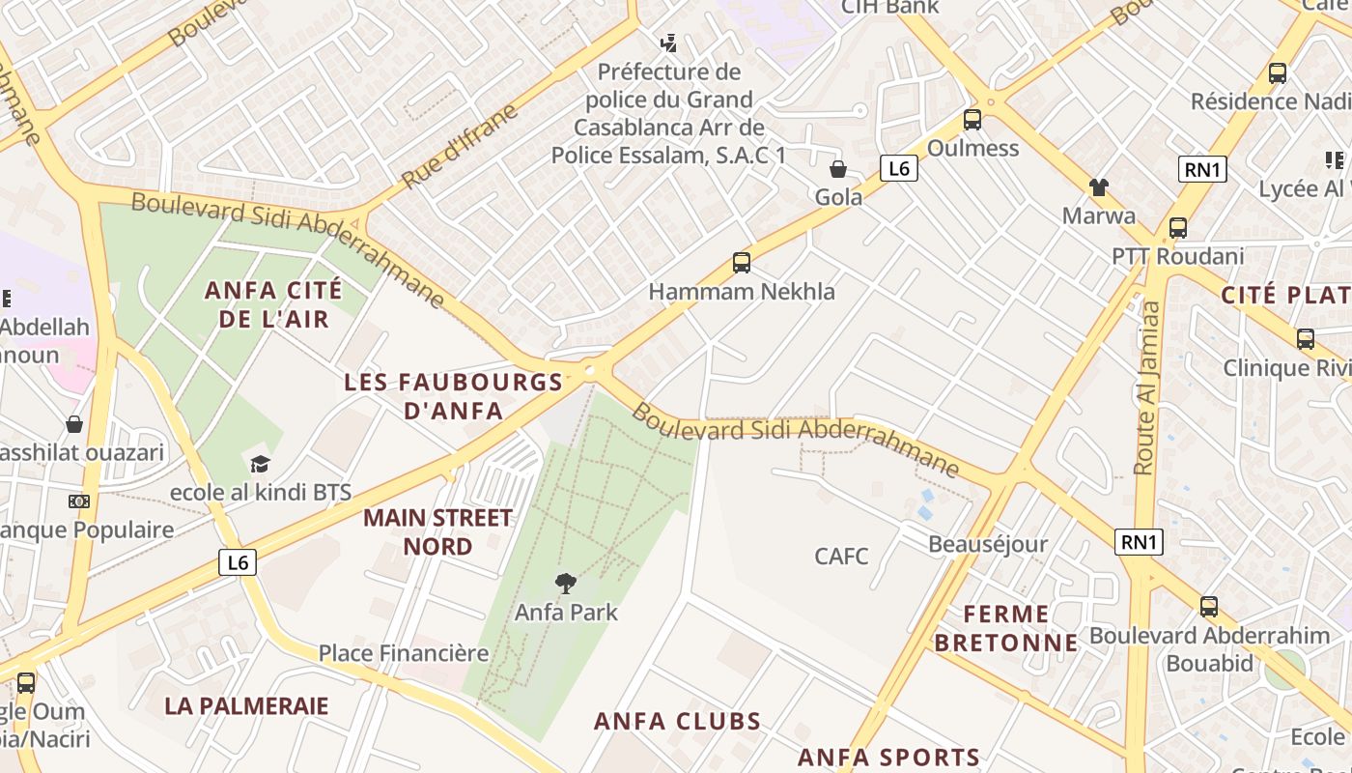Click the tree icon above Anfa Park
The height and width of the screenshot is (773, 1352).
coord(566,583)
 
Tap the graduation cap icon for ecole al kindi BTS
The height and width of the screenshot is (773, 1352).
coord(259,465)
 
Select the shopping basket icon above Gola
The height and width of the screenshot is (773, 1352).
coord(837,169)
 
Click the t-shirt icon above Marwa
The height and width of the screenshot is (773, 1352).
coord(1098,186)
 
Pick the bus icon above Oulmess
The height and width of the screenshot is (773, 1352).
coord(972,120)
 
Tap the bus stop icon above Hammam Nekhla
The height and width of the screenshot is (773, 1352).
coord(741,262)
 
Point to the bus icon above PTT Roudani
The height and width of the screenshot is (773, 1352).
coord(1177,228)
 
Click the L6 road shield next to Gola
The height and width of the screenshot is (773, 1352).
coord(898,169)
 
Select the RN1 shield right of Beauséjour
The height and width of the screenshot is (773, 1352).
coord(1139,542)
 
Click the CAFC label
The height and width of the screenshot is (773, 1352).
coord(841,557)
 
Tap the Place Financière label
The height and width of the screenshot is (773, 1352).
coord(404,653)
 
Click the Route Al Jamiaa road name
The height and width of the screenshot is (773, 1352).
coord(1147,387)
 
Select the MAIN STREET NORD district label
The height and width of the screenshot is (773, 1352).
coord(437,532)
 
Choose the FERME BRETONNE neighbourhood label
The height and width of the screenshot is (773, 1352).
coord(1006,628)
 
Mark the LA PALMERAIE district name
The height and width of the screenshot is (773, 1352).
coord(246,705)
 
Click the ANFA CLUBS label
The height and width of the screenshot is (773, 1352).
coord(677,722)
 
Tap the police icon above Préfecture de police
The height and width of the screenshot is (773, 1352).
coord(668,43)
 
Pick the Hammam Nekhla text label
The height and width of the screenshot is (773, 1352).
coord(742,292)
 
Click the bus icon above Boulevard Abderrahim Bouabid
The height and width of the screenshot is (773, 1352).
coord(1208,607)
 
